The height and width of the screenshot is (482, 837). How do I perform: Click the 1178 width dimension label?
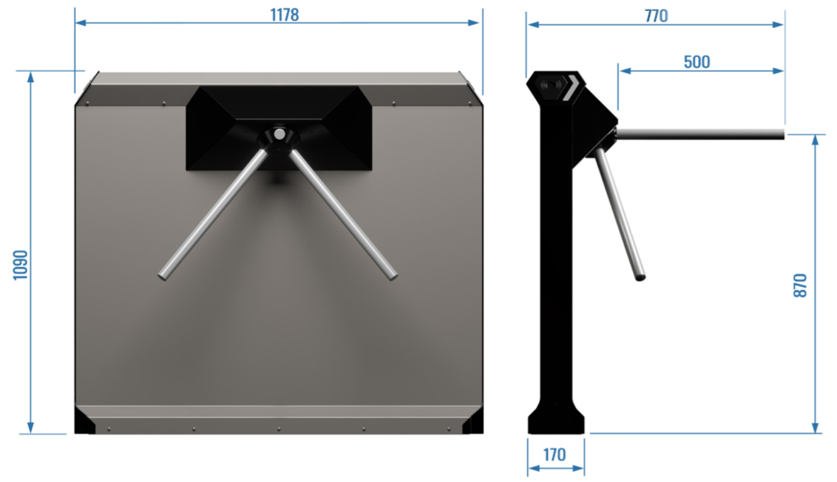coord(285,14)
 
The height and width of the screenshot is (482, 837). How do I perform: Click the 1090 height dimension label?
coord(20,265)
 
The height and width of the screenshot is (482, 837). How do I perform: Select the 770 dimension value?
coord(656,16)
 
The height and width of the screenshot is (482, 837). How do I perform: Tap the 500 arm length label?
coord(697,62)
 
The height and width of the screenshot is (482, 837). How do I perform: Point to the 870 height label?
coord(799,285)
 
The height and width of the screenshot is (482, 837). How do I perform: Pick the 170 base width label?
coord(555,455)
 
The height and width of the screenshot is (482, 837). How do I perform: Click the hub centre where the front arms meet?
coord(279,134)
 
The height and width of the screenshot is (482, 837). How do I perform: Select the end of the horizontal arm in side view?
coord(783,134)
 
